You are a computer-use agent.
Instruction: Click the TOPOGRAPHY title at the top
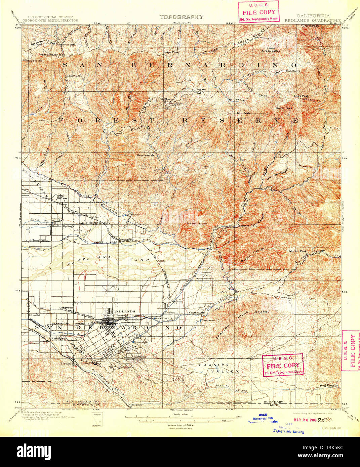coord(181,17)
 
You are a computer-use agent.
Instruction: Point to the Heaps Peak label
coord(171,52)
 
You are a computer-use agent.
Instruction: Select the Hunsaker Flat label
coord(199,91)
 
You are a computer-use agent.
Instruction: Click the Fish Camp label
coord(293,71)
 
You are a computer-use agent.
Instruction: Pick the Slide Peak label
coord(301,96)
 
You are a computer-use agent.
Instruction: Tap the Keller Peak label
coord(284,108)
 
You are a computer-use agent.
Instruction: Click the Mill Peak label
coord(243,113)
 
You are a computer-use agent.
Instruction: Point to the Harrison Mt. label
coord(145,155)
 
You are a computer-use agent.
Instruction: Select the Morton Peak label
coord(298,251)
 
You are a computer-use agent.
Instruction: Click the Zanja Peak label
coord(262,312)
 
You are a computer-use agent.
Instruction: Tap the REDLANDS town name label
coord(124,311)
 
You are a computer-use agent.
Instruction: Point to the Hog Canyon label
coord(329,385)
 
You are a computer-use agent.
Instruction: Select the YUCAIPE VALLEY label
coord(218,368)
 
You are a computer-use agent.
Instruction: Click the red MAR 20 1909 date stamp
coord(305,420)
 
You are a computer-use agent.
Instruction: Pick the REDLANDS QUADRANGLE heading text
coord(313,20)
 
